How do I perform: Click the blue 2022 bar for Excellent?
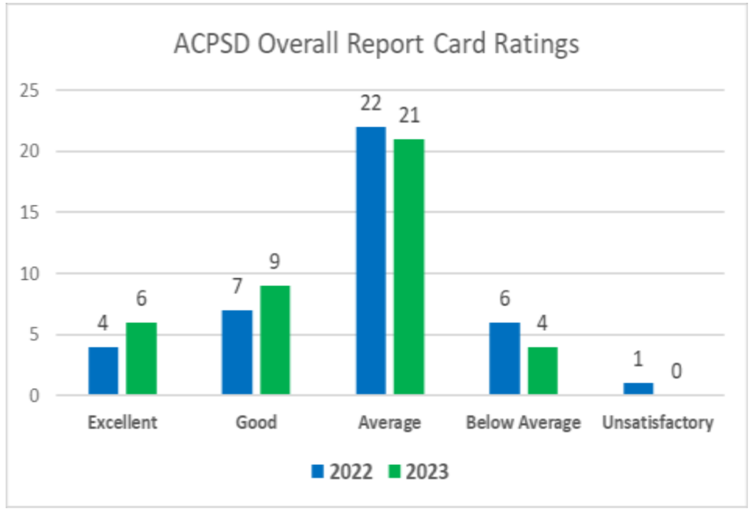click(x=103, y=371)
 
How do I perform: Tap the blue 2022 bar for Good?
click(x=237, y=353)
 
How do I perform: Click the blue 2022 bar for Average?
click(x=371, y=261)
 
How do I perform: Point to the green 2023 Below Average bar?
click(x=543, y=371)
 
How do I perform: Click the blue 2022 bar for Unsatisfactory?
click(x=638, y=389)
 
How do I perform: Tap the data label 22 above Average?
click(x=371, y=103)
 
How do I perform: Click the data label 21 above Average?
click(x=409, y=116)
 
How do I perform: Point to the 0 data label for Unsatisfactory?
click(x=677, y=371)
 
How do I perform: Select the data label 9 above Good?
click(x=275, y=262)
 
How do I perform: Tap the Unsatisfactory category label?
click(x=657, y=423)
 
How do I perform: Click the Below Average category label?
click(x=524, y=423)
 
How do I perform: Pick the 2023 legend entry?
click(x=417, y=471)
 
